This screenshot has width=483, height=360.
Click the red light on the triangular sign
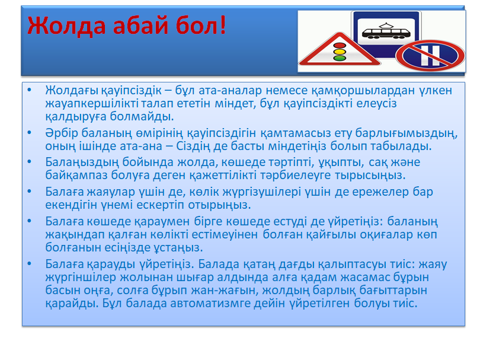pos(340,46)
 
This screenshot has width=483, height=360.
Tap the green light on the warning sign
pos(340,58)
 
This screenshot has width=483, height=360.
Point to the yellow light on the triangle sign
pos(340,52)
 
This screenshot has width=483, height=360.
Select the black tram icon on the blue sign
pos(386,31)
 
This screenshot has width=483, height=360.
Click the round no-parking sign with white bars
pos(430,56)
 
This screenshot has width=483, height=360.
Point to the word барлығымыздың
pos(407,133)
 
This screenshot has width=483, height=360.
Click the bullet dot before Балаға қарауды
pos(30,264)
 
